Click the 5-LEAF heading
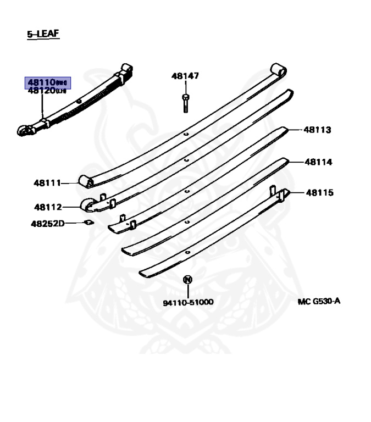[43, 35]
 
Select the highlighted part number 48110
[46, 83]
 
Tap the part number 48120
[46, 91]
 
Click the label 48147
[185, 76]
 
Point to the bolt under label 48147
[185, 102]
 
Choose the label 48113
[318, 130]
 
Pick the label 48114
[318, 162]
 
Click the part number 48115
[319, 193]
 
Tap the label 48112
[48, 207]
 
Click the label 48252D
[48, 223]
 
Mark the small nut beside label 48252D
[87, 223]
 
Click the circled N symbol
[187, 280]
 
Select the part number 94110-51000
[187, 302]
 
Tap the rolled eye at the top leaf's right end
[279, 70]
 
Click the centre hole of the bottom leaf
[187, 252]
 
